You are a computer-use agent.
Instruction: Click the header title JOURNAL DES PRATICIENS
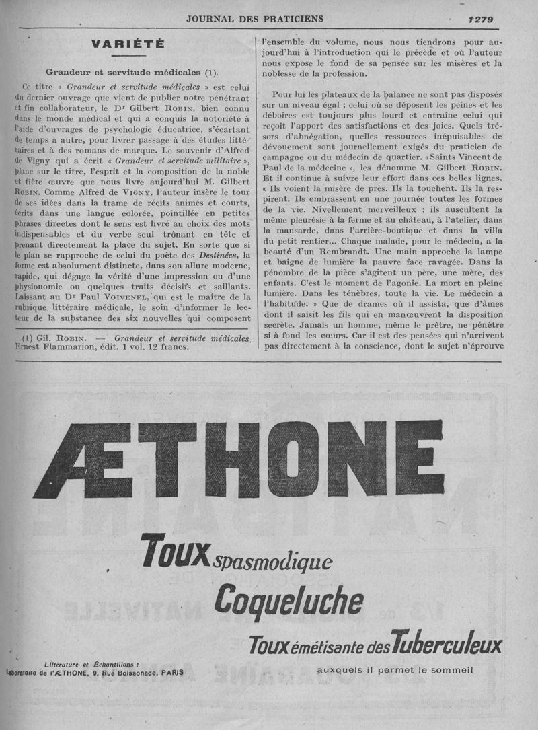click(255, 19)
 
